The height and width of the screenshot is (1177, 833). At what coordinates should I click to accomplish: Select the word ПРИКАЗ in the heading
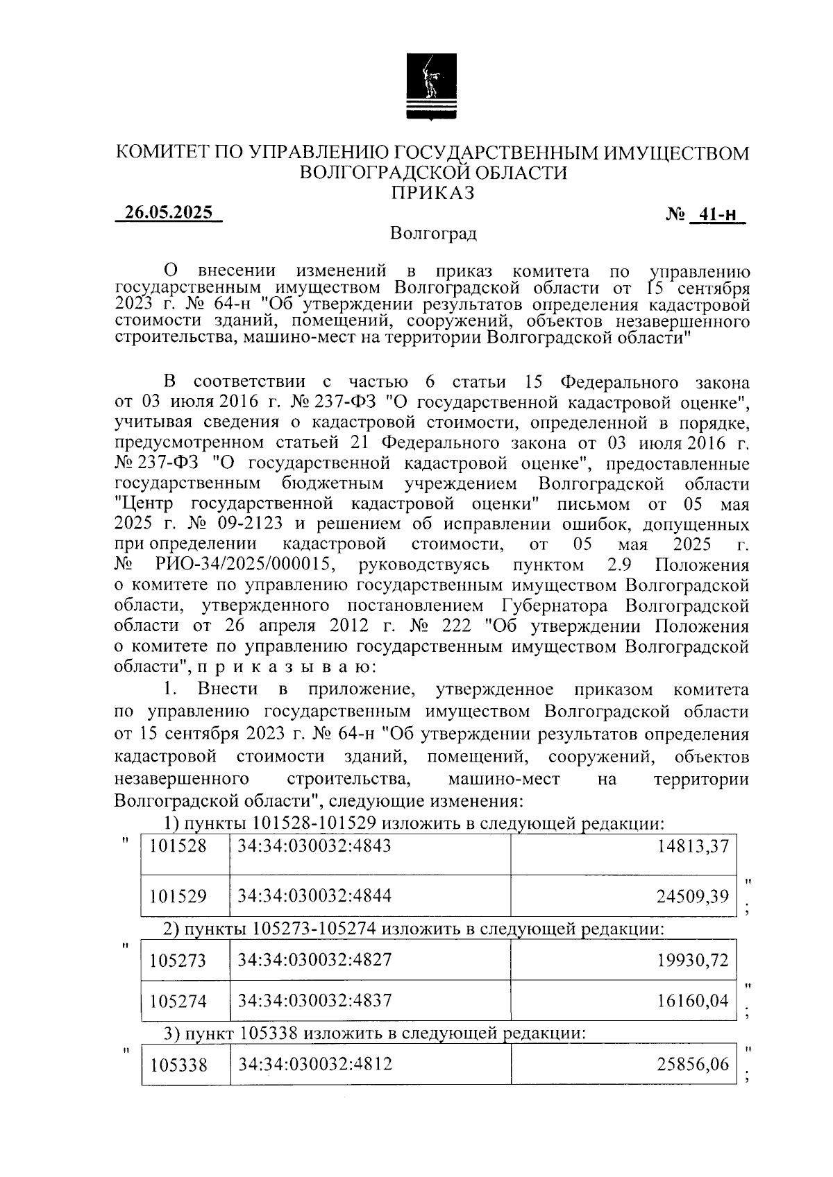point(432,192)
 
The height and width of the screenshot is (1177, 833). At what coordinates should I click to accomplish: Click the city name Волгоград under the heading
point(432,234)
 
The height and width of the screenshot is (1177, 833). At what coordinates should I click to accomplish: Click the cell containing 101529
point(178,896)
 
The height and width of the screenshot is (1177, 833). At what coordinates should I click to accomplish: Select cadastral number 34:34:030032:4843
point(314,846)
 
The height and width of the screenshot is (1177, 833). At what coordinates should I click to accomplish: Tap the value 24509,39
point(693,897)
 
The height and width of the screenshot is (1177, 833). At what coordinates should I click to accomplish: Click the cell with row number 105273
point(178,961)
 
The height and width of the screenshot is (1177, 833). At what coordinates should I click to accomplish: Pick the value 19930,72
point(693,961)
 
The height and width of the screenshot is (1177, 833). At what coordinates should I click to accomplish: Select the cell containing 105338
point(178,1065)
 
